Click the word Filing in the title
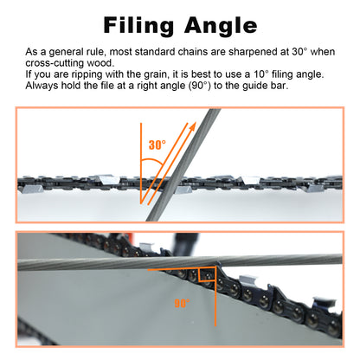pos(138,26)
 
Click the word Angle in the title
pos(221,26)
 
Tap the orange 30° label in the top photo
pos(157,145)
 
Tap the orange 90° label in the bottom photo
pos(182,303)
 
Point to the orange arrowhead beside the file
pos(192,126)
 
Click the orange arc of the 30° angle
pos(153,160)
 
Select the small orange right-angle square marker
pos(207,274)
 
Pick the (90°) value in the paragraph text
pos(200,86)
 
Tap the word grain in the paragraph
pos(156,74)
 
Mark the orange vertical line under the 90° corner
pos(215,297)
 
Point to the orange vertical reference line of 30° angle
pos(141,163)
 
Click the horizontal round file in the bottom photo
pos(180,261)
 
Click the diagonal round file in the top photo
pos(183,165)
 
